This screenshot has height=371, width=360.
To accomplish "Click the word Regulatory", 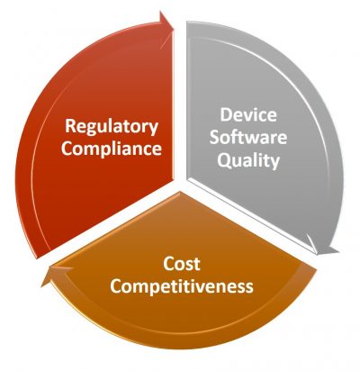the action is click(x=112, y=127).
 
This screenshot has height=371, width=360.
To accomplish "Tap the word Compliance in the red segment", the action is click(x=112, y=149).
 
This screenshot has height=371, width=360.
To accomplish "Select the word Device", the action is click(x=248, y=114).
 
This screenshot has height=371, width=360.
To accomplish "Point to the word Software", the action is click(x=248, y=138).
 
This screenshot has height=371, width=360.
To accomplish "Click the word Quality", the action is click(x=248, y=160).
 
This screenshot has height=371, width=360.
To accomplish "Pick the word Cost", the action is click(x=182, y=264).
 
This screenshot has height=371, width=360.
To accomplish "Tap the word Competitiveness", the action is click(x=182, y=286).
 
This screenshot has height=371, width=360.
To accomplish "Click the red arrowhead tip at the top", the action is click(x=174, y=29).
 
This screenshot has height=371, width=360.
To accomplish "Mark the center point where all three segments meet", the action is click(x=180, y=185).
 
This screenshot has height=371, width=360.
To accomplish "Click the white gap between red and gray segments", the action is click(x=180, y=102).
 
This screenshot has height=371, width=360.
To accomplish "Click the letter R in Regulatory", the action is click(x=70, y=126).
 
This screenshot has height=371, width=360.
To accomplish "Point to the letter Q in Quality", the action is click(x=223, y=160).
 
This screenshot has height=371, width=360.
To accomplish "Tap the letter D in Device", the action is click(x=226, y=114).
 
